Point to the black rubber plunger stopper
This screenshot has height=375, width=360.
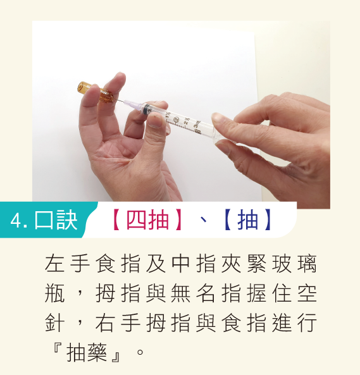point(146,109)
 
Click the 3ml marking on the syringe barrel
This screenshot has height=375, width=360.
point(197,125)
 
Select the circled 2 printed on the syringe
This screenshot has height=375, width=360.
point(177,119)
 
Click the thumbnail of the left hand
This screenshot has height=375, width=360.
point(154,121)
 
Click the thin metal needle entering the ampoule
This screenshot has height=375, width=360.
point(119,101)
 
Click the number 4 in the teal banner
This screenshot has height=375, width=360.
point(16,221)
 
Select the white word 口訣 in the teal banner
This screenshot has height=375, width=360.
point(56,220)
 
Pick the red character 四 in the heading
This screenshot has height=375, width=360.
point(136,219)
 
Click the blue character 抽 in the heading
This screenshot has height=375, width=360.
point(248,219)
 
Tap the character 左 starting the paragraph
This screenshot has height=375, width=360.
point(55,264)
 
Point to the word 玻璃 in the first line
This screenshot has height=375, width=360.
point(294,264)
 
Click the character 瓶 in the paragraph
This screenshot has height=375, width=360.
point(55,293)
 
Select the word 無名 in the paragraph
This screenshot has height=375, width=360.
point(193,293)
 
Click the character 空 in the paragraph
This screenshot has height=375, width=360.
point(307,293)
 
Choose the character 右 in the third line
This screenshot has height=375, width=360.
point(105,323)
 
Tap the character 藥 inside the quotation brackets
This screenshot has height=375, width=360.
point(97,352)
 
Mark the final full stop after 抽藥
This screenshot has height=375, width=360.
point(140,352)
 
